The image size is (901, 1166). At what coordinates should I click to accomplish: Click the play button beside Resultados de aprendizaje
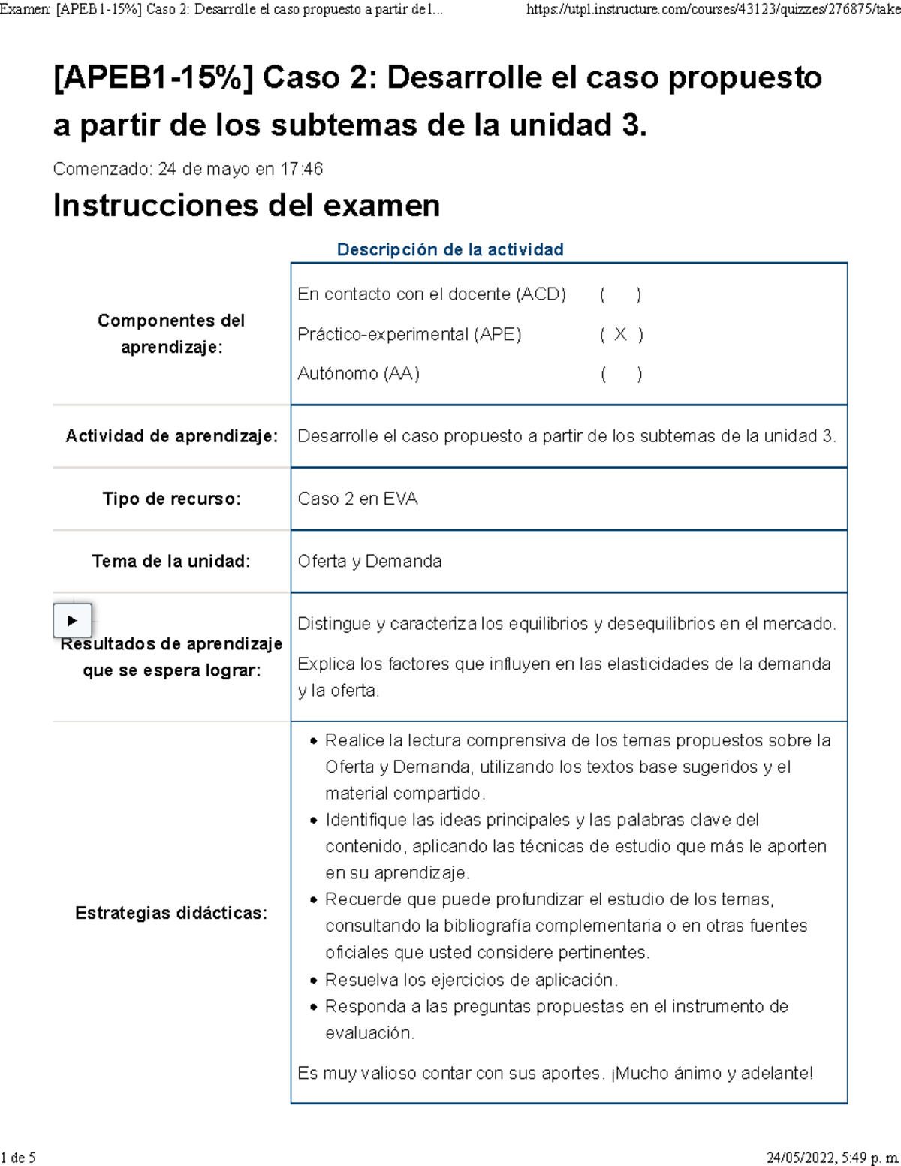click(72, 621)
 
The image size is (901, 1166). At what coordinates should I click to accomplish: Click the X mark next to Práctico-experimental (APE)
click(620, 335)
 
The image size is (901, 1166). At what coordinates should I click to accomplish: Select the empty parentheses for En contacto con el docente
click(620, 294)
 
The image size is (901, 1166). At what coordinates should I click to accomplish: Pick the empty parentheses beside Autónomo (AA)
click(621, 374)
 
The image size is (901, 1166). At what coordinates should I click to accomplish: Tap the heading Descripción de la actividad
click(450, 249)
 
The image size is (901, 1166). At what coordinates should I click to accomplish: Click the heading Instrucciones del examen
click(246, 206)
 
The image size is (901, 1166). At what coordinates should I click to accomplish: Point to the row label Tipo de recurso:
click(172, 499)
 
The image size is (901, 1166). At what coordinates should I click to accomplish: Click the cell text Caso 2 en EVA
click(357, 499)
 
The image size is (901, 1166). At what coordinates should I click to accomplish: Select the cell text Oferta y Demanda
click(369, 561)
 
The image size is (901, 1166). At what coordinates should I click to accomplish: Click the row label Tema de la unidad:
click(171, 561)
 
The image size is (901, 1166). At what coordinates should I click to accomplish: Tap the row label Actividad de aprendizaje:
click(172, 436)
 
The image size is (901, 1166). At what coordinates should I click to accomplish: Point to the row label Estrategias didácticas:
click(171, 913)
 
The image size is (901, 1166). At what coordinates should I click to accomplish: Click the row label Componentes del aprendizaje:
click(171, 333)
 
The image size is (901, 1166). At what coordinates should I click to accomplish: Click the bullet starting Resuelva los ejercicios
click(471, 980)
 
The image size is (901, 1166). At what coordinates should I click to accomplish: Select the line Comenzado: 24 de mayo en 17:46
click(188, 169)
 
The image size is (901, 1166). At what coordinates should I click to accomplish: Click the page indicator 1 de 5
click(19, 1157)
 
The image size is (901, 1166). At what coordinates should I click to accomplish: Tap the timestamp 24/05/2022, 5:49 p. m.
click(832, 1157)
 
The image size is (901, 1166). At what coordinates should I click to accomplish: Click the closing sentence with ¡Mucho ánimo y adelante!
click(555, 1073)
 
